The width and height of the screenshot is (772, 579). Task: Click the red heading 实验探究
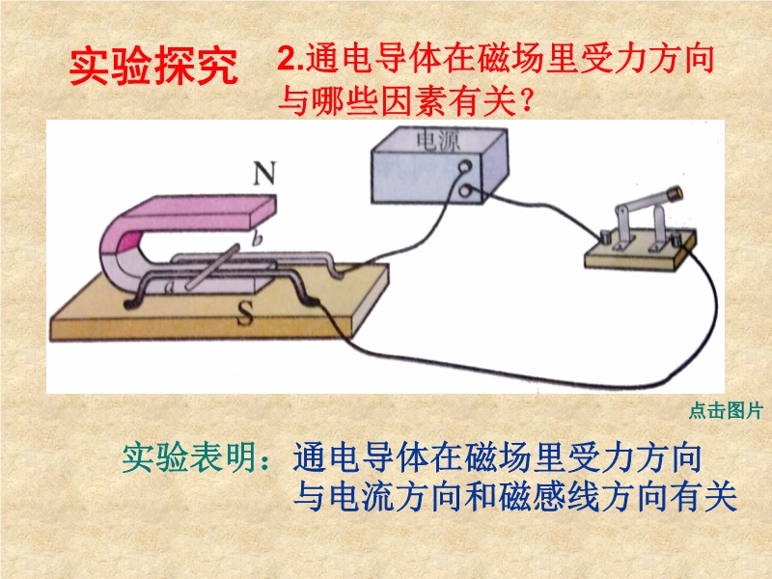point(153,67)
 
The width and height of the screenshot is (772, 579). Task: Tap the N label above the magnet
point(264,174)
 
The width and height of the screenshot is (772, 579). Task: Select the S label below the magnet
point(245,313)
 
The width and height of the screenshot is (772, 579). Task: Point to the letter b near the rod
point(257,239)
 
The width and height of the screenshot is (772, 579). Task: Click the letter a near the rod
point(170,287)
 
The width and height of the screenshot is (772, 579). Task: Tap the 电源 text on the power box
point(438,140)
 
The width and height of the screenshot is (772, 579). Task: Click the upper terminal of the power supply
point(465,167)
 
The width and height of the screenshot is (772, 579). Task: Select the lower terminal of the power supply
point(465,190)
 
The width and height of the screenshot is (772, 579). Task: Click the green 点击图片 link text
point(726,411)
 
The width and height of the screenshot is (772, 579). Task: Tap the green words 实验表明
point(188,457)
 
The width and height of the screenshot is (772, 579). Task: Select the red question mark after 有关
point(526,101)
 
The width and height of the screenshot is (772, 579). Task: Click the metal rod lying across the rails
point(213,266)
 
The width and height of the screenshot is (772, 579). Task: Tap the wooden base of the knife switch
point(641,250)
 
